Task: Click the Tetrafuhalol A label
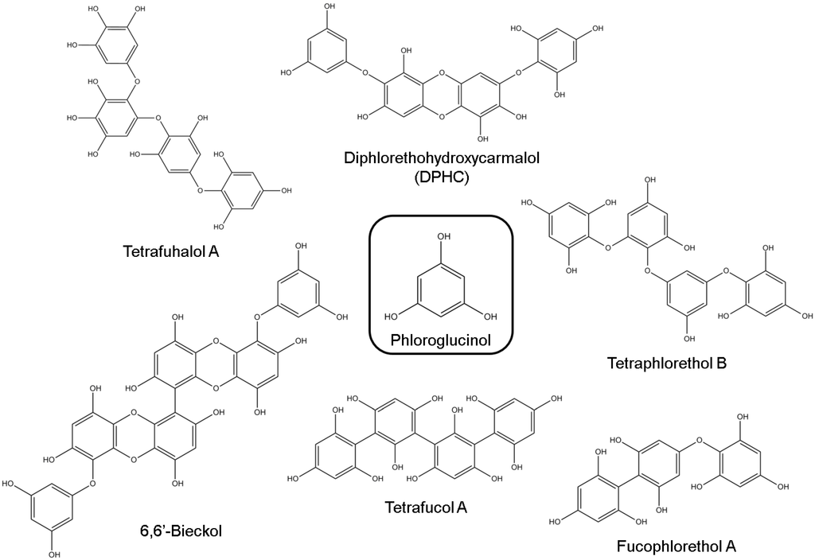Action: (x=170, y=253)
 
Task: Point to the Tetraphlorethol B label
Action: (x=665, y=364)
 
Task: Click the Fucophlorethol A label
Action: (x=677, y=546)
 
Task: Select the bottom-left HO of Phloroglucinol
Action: (x=392, y=315)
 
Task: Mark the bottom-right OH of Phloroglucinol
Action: (x=486, y=315)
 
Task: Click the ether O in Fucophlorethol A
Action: (x=697, y=438)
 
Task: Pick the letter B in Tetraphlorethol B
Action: (x=721, y=364)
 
